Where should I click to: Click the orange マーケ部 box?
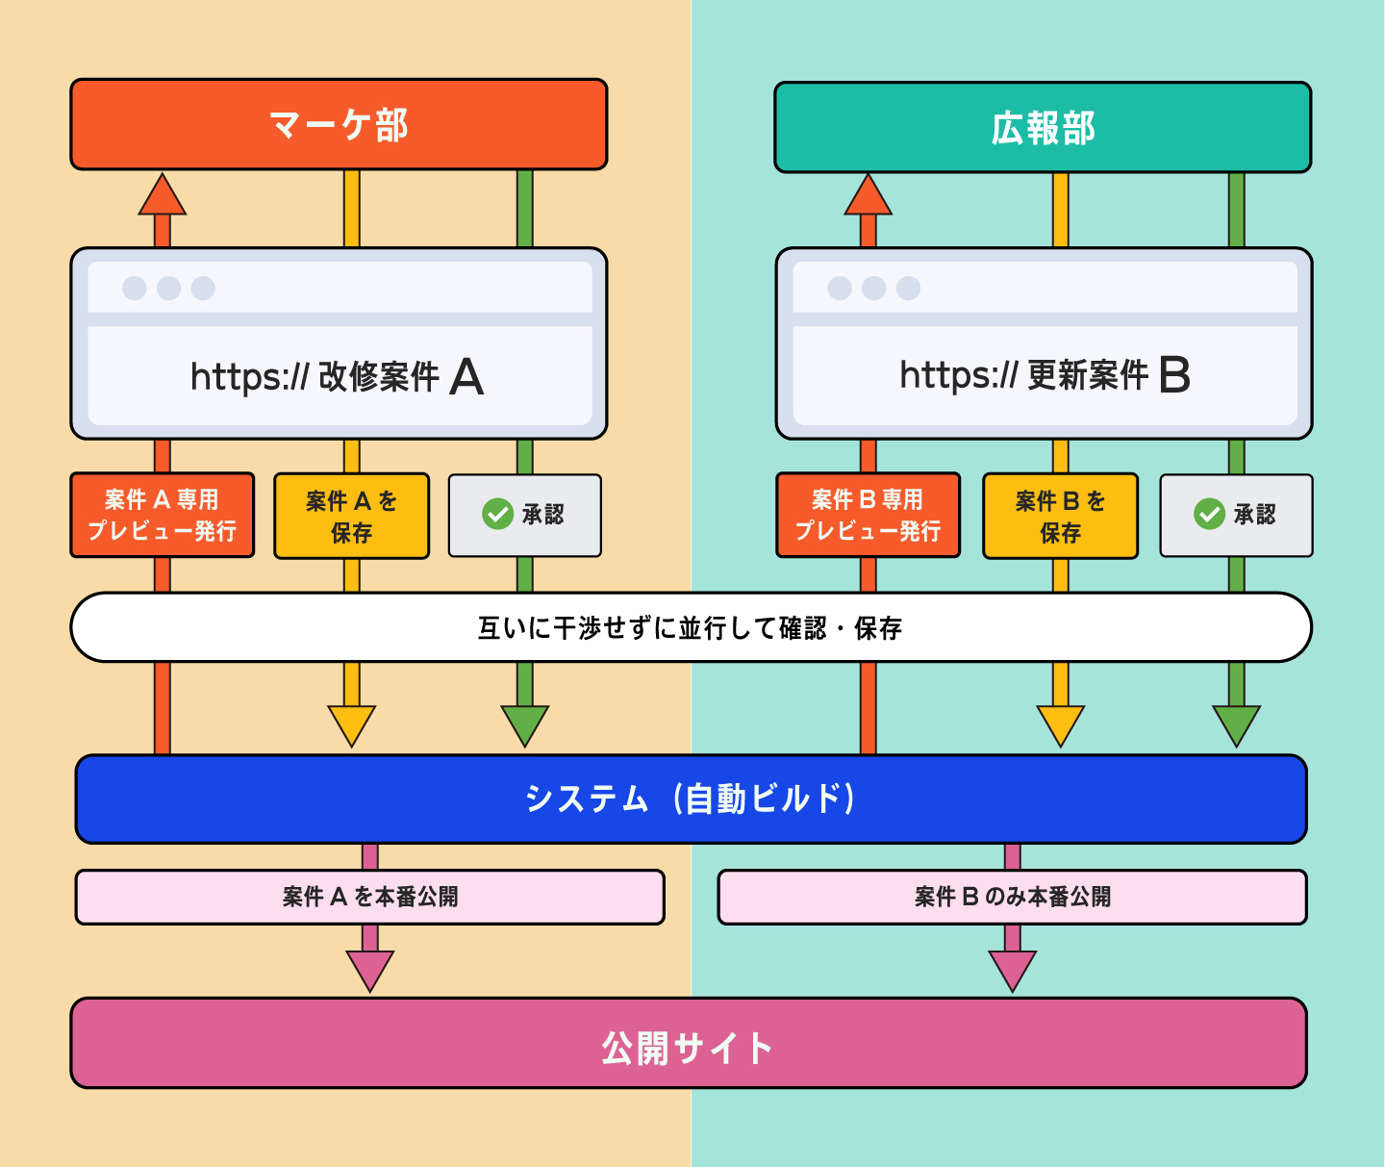339,125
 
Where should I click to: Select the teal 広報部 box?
1043,127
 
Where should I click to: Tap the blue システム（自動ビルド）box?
691,799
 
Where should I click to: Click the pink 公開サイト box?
689,1044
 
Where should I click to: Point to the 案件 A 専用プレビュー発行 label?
163,515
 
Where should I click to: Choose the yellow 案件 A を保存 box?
351,516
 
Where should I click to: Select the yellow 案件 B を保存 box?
1060,516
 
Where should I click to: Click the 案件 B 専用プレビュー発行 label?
868,515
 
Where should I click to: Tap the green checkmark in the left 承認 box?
497,514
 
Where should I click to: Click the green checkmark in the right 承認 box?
1209,514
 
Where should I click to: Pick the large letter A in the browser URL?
466,376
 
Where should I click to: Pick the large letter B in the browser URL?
1174,375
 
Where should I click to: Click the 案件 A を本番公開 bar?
369,897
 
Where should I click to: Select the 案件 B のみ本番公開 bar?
1012,897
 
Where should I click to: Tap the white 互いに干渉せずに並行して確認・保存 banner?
691,627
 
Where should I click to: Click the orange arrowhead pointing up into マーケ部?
163,196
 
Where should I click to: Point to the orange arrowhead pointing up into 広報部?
868,196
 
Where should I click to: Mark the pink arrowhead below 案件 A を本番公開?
369,969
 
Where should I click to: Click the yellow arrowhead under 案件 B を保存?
1060,724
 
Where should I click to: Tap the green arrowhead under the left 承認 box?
525,724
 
